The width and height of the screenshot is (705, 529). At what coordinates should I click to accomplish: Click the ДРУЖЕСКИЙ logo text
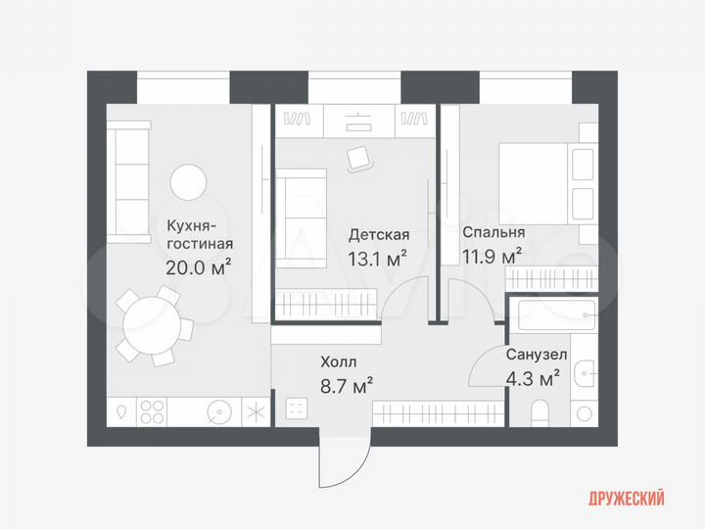625,498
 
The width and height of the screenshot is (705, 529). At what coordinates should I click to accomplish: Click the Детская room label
379,235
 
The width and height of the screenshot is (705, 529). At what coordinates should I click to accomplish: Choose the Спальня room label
493,233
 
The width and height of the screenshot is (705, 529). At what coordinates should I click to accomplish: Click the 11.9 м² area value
492,257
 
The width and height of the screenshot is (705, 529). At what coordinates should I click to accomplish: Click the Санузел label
534,354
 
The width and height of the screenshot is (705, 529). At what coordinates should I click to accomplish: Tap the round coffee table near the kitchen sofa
188,182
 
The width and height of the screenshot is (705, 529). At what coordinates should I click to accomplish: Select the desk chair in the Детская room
358,156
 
